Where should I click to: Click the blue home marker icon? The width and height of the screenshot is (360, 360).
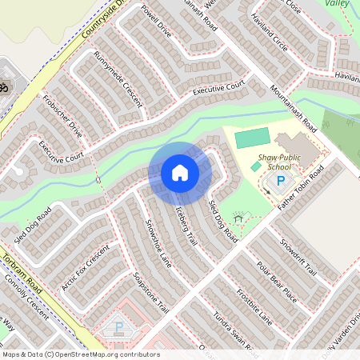(x=180, y=173)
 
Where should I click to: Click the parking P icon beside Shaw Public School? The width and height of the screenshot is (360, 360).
(x=280, y=181)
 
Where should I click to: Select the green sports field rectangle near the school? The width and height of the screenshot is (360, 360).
(x=254, y=137)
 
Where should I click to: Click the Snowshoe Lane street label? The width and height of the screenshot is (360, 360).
(x=157, y=240)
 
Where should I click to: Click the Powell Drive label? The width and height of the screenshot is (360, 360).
(x=156, y=22)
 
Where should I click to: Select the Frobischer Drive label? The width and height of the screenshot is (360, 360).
(x=63, y=116)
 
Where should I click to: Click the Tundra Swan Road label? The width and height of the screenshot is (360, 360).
(x=232, y=333)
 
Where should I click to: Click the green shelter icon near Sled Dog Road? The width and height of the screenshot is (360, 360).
(x=238, y=218)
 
